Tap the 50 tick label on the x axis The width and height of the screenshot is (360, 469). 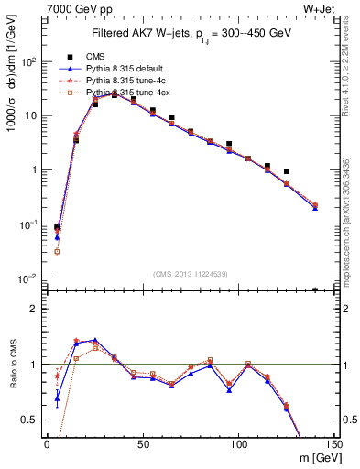143,444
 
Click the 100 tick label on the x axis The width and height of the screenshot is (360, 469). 239,444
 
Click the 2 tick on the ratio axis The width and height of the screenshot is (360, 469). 35,309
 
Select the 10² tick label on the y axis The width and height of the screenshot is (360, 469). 28,62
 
